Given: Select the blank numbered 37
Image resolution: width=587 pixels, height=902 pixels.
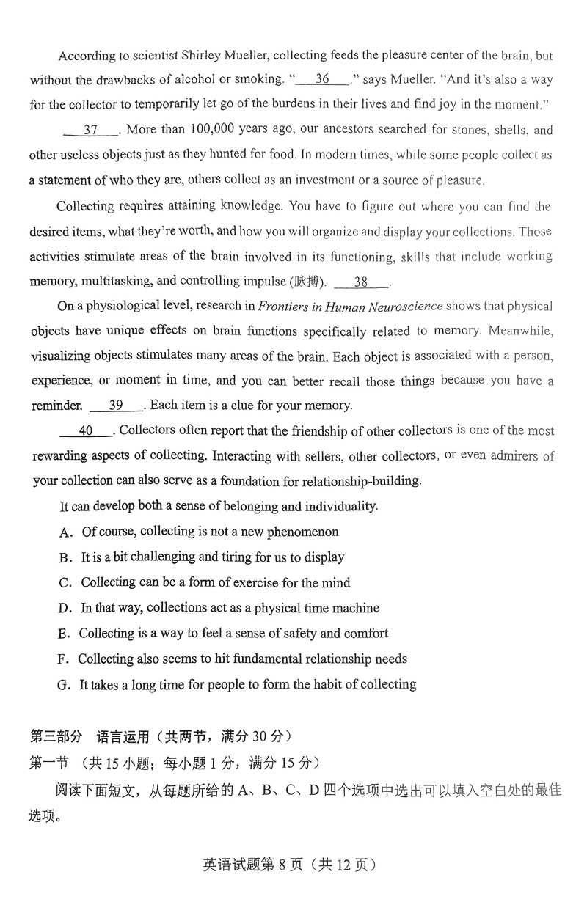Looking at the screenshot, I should tap(90, 130).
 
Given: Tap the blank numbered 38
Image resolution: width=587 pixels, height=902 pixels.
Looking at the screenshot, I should tap(361, 282).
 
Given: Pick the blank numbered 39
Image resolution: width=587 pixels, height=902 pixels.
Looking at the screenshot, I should tap(116, 405).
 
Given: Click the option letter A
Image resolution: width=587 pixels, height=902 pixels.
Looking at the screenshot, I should tap(64, 532).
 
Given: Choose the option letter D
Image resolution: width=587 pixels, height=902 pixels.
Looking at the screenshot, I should tap(63, 608).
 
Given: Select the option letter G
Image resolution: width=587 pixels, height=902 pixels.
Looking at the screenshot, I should tap(62, 684).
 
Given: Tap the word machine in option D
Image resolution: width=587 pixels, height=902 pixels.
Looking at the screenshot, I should tap(355, 608).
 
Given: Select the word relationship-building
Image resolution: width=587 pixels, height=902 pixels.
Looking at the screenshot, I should tap(358, 481).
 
